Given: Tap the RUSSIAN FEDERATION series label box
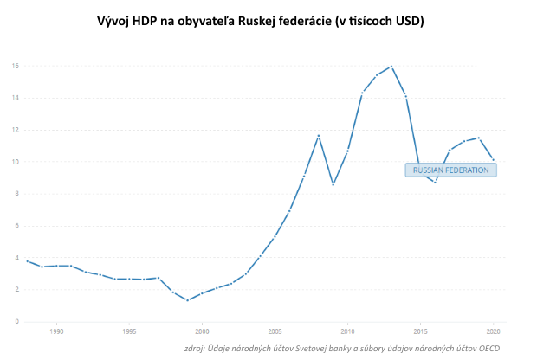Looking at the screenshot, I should [450, 170].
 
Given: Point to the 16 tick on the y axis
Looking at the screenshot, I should [16, 66].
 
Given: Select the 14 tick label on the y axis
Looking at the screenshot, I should [16, 98].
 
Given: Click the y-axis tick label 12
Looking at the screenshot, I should [16, 130].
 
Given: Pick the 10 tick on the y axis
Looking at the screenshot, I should [16, 162].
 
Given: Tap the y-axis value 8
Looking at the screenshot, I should [16, 194].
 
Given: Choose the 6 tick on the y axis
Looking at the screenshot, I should [16, 226].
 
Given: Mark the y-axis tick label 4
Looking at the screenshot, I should [16, 258].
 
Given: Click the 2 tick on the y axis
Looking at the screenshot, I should [16, 290].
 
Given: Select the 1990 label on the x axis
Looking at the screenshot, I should [56, 331].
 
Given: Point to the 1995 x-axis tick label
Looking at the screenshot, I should [129, 331].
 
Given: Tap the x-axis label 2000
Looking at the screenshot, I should [202, 331].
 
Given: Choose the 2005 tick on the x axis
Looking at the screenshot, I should [275, 331].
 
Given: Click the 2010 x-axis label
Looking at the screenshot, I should [347, 331].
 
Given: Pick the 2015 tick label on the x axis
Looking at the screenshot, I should [420, 331].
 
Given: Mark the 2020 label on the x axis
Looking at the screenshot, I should [493, 331].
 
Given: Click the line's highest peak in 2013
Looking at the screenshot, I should [391, 66].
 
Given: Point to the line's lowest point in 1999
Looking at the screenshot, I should [187, 300].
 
